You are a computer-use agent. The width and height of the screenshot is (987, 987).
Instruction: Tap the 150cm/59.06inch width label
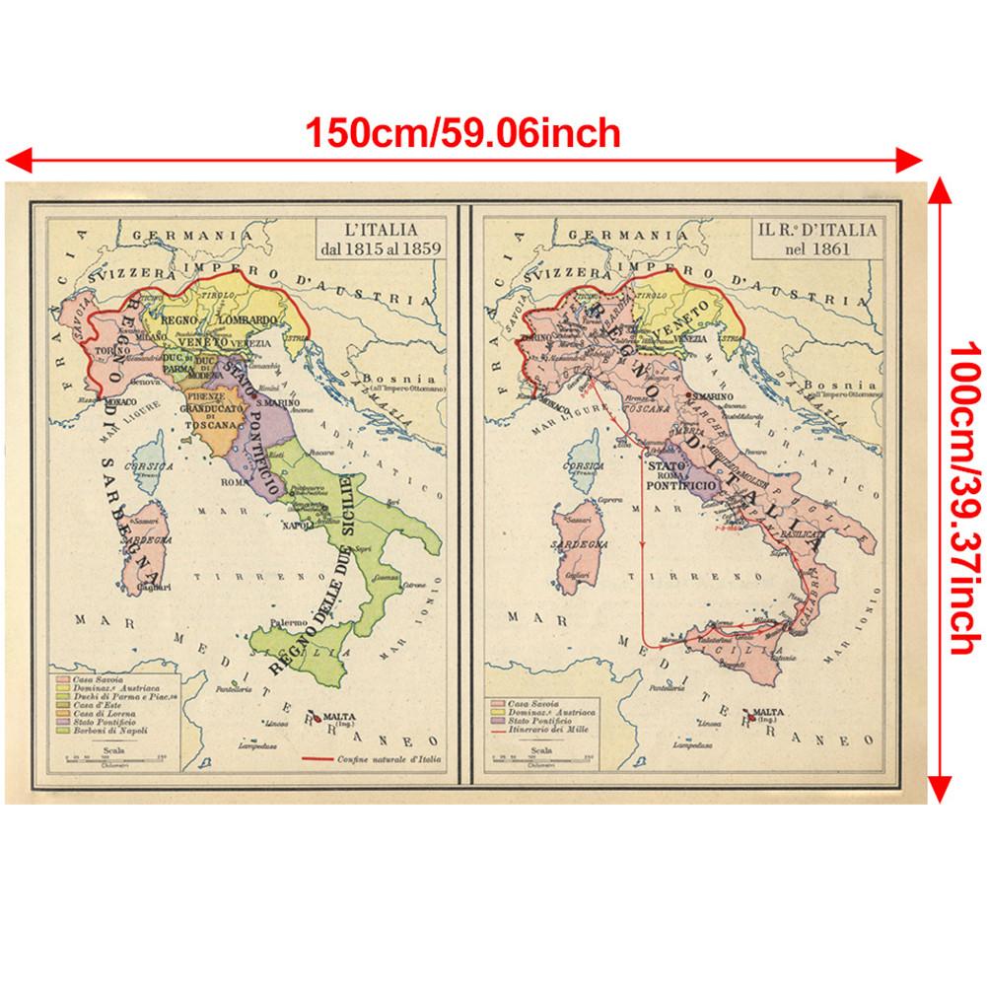click(x=462, y=131)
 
